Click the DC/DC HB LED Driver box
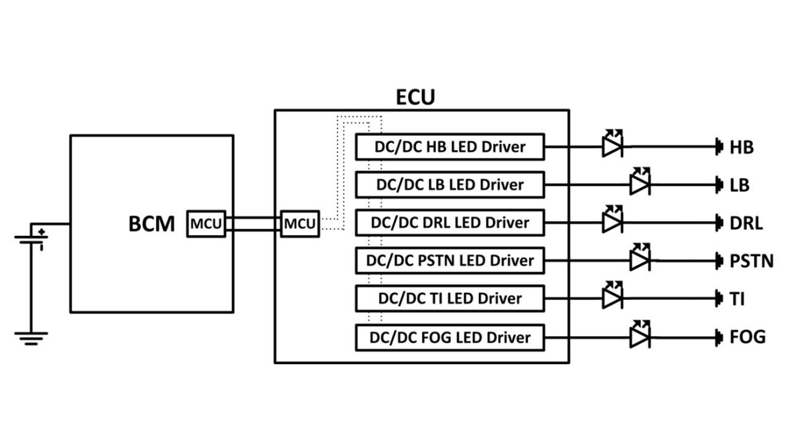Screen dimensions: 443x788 (x=450, y=147)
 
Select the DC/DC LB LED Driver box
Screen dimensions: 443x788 (x=450, y=185)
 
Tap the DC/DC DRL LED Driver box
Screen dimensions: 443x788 (x=450, y=222)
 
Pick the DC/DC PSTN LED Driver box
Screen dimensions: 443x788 (x=450, y=260)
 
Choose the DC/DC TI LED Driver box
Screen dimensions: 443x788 (x=450, y=298)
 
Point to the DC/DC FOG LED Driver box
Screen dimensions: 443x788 (x=450, y=337)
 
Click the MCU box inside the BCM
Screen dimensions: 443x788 (x=206, y=223)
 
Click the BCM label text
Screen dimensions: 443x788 (x=152, y=224)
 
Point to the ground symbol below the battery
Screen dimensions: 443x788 (x=32, y=338)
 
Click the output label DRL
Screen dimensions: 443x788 (x=746, y=223)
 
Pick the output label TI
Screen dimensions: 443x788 (x=737, y=299)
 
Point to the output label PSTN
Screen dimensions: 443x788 (x=751, y=261)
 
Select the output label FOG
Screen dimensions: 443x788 (x=747, y=337)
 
